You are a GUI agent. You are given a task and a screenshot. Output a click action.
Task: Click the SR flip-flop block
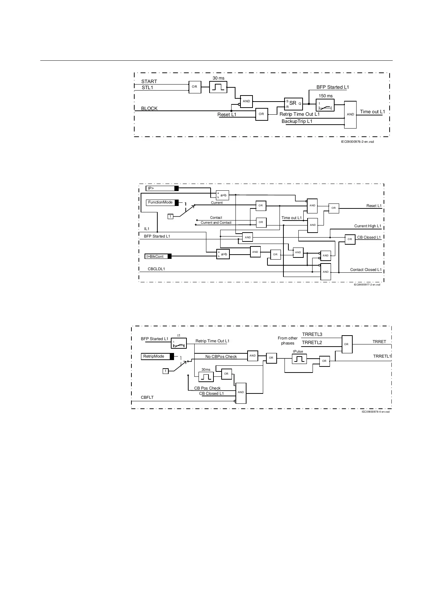pyautogui.click(x=293, y=103)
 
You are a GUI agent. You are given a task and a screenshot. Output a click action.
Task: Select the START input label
pyautogui.click(x=149, y=82)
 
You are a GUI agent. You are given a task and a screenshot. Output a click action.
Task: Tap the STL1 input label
pyautogui.click(x=147, y=87)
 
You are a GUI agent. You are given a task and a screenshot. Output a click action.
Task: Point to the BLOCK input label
pyautogui.click(x=149, y=108)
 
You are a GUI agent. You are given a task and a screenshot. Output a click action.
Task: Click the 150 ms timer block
pyautogui.click(x=325, y=105)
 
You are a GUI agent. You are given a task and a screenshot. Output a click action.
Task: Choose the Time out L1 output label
pyautogui.click(x=372, y=112)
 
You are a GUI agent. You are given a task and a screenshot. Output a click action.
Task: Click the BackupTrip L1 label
pyautogui.click(x=297, y=121)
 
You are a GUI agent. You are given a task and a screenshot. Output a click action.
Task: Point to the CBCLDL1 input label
pyautogui.click(x=156, y=269)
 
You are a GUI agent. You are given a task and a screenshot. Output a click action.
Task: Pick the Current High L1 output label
pyautogui.click(x=368, y=226)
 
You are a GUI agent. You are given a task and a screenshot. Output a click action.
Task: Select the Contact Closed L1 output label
pyautogui.click(x=365, y=270)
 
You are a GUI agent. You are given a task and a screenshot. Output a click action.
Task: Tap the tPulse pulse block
pyautogui.click(x=299, y=359)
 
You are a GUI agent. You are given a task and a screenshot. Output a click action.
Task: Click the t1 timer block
pyautogui.click(x=179, y=343)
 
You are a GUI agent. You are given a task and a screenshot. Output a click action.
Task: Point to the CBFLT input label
pyautogui.click(x=147, y=397)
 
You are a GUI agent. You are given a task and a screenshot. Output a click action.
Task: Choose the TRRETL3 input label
pyautogui.click(x=312, y=335)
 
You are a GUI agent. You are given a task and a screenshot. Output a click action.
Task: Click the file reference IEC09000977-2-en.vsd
pyautogui.click(x=367, y=285)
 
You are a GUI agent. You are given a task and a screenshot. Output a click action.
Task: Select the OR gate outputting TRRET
pyautogui.click(x=347, y=344)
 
